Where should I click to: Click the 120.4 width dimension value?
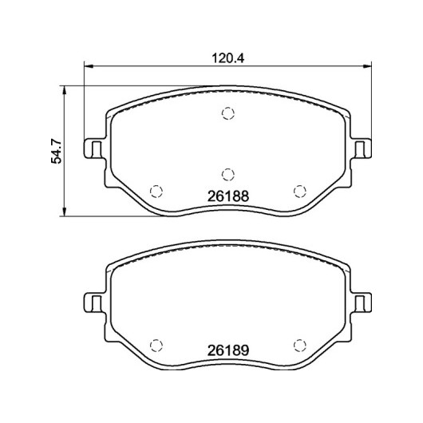point(228,58)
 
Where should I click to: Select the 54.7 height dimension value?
point(57,152)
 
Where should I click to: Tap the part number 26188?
point(228,196)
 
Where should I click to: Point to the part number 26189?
point(228,350)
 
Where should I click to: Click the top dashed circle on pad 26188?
point(228,113)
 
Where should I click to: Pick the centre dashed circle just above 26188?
point(228,174)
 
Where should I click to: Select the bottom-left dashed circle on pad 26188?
point(156,192)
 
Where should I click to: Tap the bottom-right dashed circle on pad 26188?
point(300,192)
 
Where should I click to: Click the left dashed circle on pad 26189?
point(156,345)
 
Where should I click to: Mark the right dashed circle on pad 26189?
point(300,345)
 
